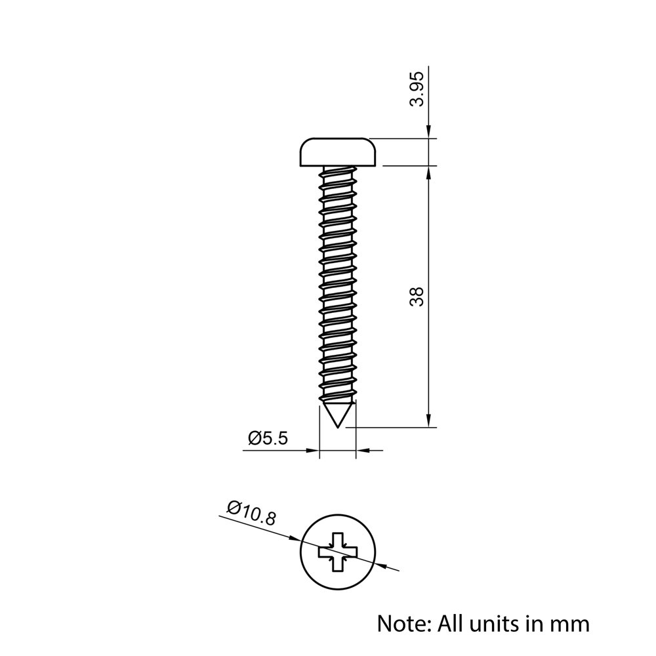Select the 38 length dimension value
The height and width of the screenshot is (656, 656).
point(417,296)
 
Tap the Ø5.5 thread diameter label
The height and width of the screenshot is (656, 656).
point(268,438)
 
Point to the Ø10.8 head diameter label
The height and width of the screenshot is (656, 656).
point(251,513)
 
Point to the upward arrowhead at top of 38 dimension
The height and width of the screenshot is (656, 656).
point(428,171)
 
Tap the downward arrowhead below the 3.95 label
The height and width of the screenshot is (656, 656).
point(428,133)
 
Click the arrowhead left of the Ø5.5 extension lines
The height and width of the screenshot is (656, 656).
point(312,451)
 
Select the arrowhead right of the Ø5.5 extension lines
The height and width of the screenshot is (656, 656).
point(362,451)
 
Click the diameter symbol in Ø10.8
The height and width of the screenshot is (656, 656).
point(233,507)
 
